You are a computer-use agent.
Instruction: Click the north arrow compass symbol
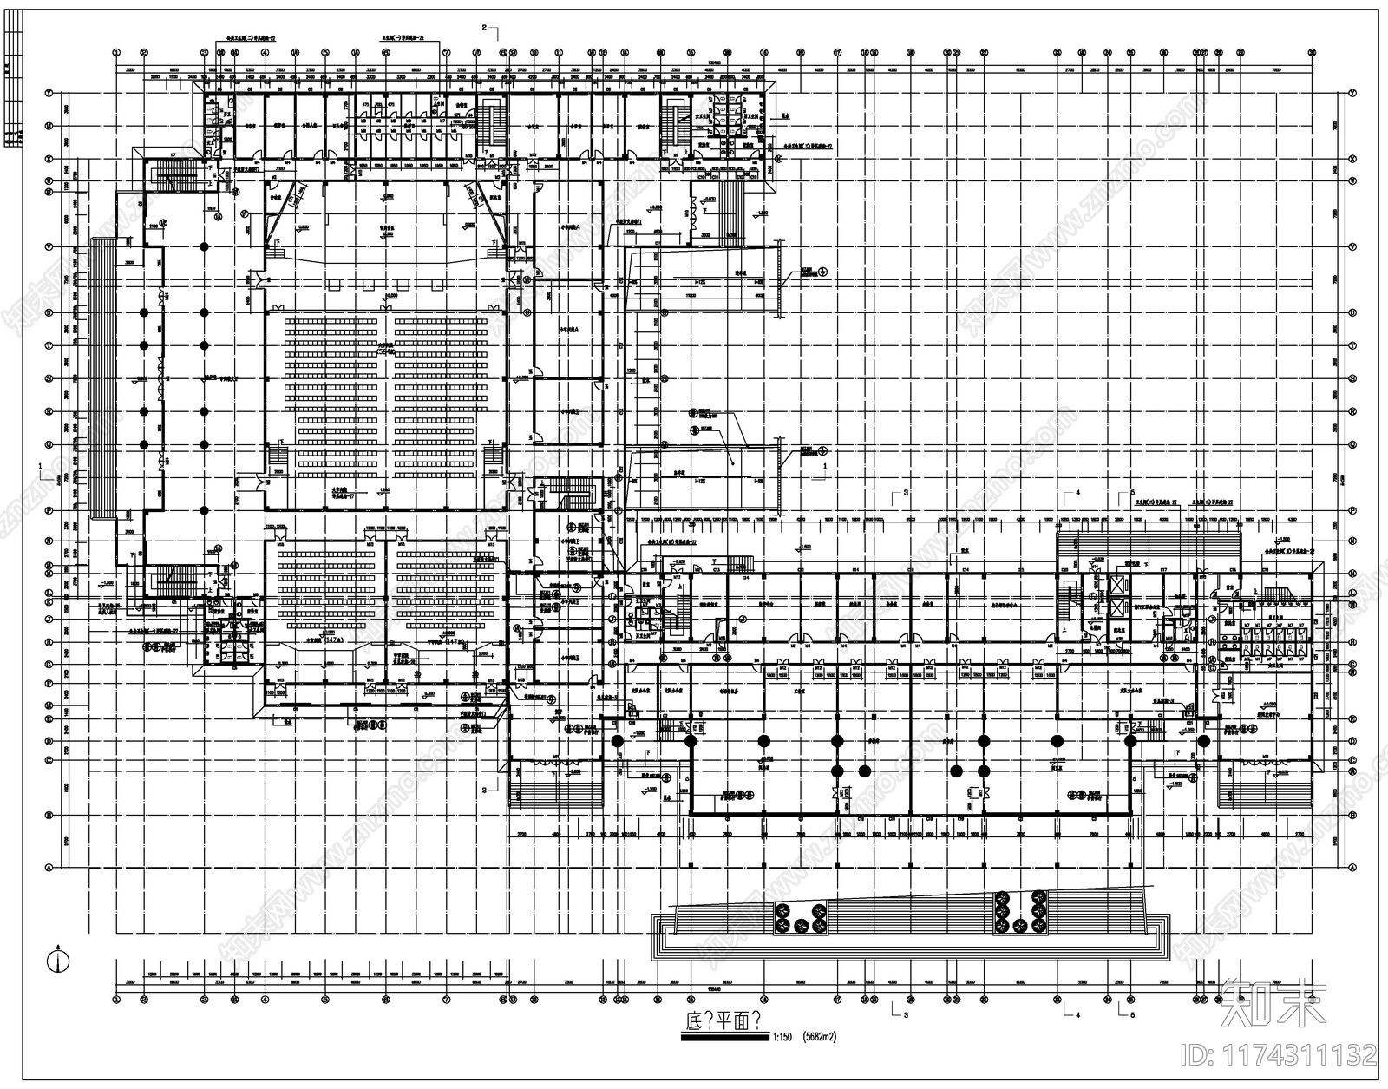tap(57, 961)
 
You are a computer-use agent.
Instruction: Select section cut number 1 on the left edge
tap(40, 466)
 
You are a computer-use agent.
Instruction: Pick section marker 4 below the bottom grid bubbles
tap(1077, 1014)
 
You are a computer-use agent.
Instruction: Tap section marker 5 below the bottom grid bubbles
tap(1131, 1014)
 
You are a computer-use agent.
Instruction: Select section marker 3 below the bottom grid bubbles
tap(905, 1014)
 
